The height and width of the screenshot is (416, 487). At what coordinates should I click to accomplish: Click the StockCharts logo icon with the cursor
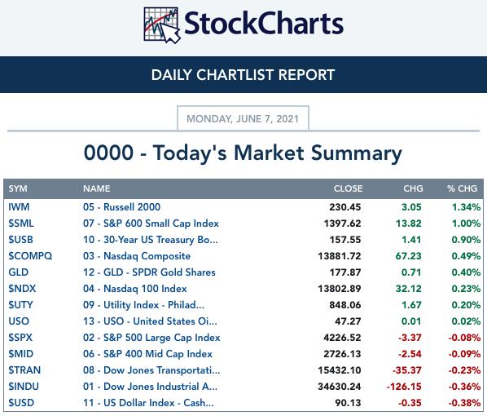162,25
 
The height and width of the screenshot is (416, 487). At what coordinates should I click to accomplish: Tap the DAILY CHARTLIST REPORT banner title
243,75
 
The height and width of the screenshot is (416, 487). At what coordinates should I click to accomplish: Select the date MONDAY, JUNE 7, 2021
243,119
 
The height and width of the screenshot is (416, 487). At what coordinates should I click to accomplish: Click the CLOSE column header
348,188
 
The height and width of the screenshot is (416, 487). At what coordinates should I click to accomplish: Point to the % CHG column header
462,188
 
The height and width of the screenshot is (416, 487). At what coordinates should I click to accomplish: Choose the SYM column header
18,188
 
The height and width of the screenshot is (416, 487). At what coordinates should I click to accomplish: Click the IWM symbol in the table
19,207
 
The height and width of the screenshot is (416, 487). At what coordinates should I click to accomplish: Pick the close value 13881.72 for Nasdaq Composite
340,256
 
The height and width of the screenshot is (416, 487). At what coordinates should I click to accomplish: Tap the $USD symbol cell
21,403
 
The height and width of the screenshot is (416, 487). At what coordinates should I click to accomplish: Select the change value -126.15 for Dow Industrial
404,387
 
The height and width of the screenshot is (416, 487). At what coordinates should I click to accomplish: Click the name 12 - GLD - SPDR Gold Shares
149,272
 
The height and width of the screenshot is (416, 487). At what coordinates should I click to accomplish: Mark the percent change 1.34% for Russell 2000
466,207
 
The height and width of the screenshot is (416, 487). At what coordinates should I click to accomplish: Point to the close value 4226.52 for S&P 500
342,338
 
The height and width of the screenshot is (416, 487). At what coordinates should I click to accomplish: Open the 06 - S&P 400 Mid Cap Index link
147,354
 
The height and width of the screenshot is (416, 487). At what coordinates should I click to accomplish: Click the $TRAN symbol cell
24,370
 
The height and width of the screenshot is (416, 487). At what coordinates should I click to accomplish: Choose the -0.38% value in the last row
464,403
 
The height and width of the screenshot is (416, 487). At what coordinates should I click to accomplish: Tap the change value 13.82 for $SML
409,223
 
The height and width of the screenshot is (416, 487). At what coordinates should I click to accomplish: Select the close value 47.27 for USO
348,321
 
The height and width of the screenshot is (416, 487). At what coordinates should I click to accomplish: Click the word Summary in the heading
356,153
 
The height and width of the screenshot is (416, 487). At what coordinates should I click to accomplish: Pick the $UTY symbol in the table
20,305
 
